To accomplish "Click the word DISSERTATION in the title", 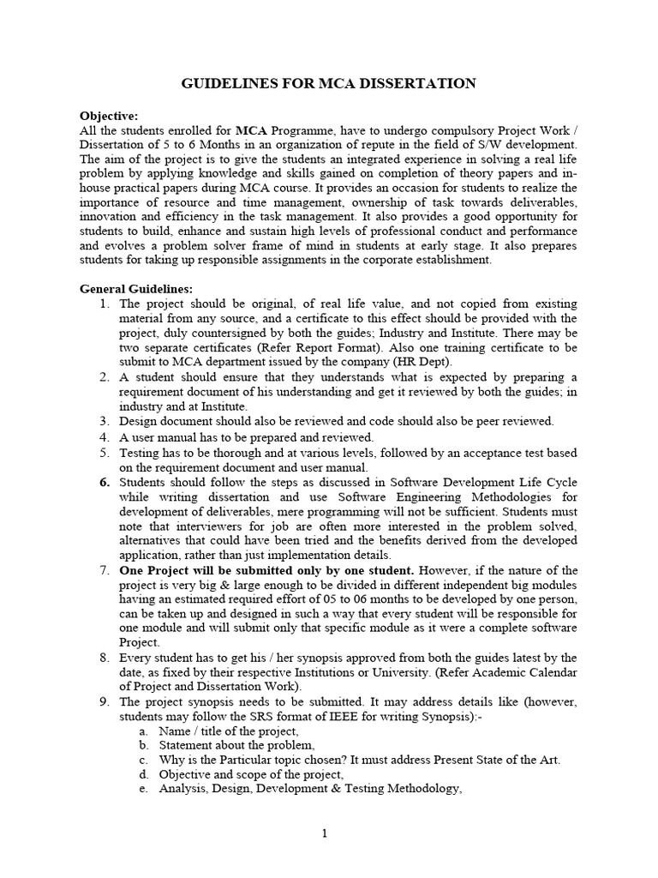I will [x=422, y=83].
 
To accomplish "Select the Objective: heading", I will [x=109, y=116].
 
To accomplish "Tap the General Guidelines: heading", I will [x=136, y=289].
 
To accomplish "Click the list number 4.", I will [x=104, y=436].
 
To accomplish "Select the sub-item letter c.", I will [x=142, y=760].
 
